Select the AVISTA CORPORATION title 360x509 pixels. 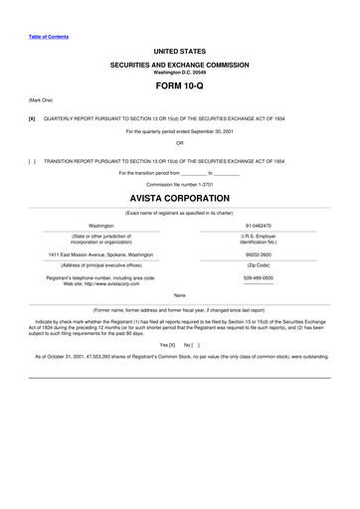179,199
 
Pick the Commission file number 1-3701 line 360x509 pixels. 179,184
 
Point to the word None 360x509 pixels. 179,295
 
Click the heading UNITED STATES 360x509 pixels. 179,48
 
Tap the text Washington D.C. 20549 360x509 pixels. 179,72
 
